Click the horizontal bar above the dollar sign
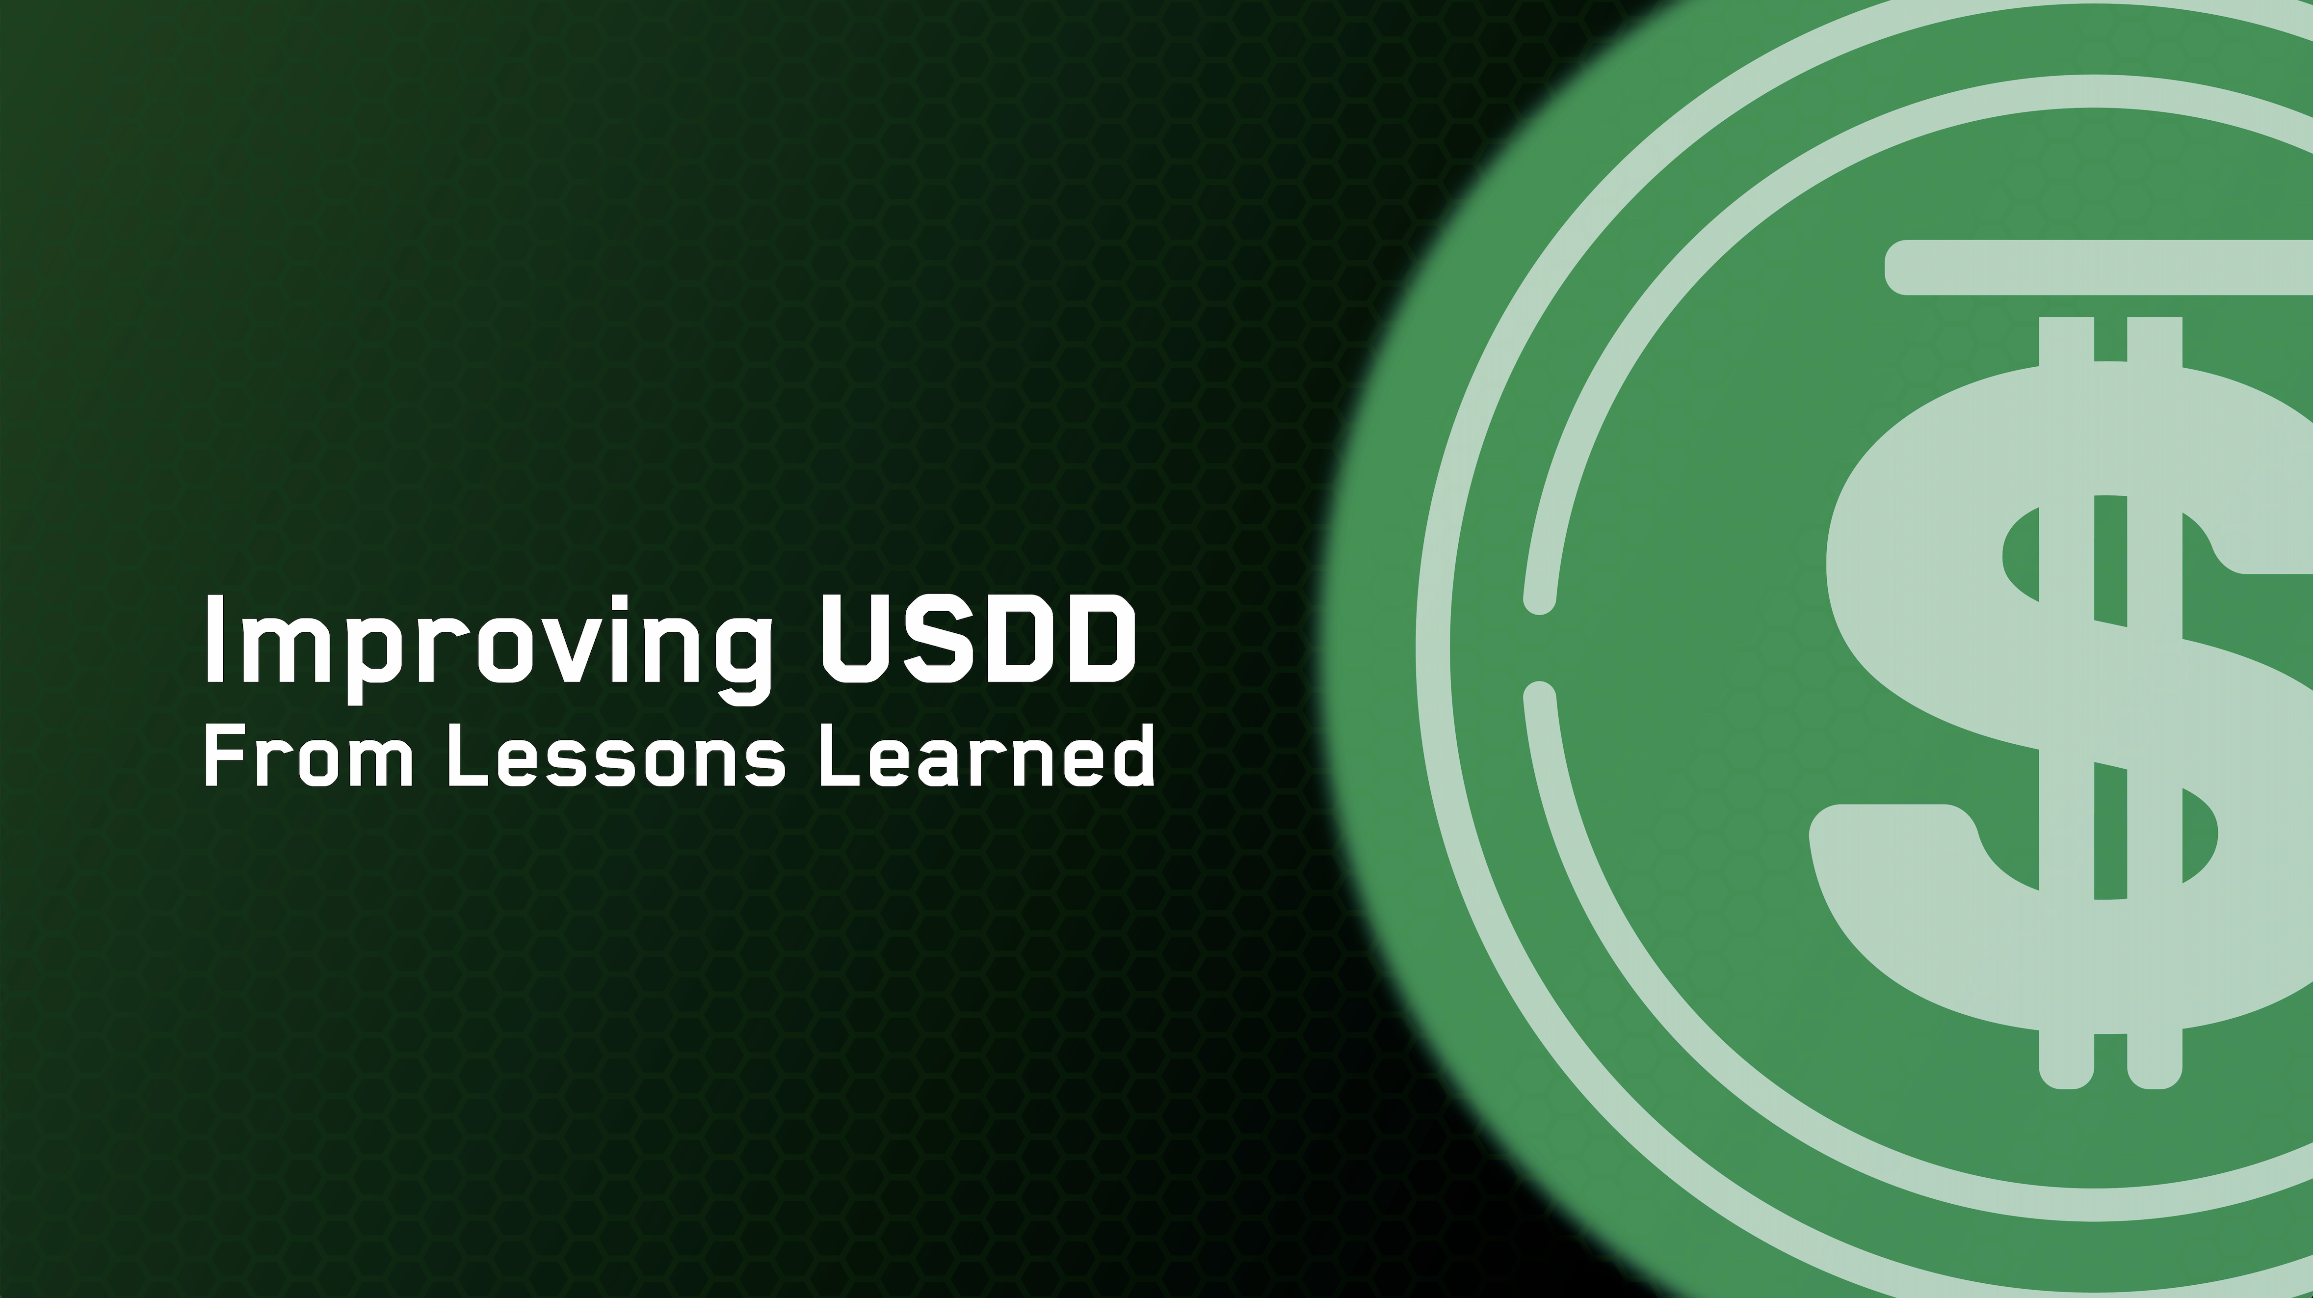pyautogui.click(x=2092, y=267)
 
